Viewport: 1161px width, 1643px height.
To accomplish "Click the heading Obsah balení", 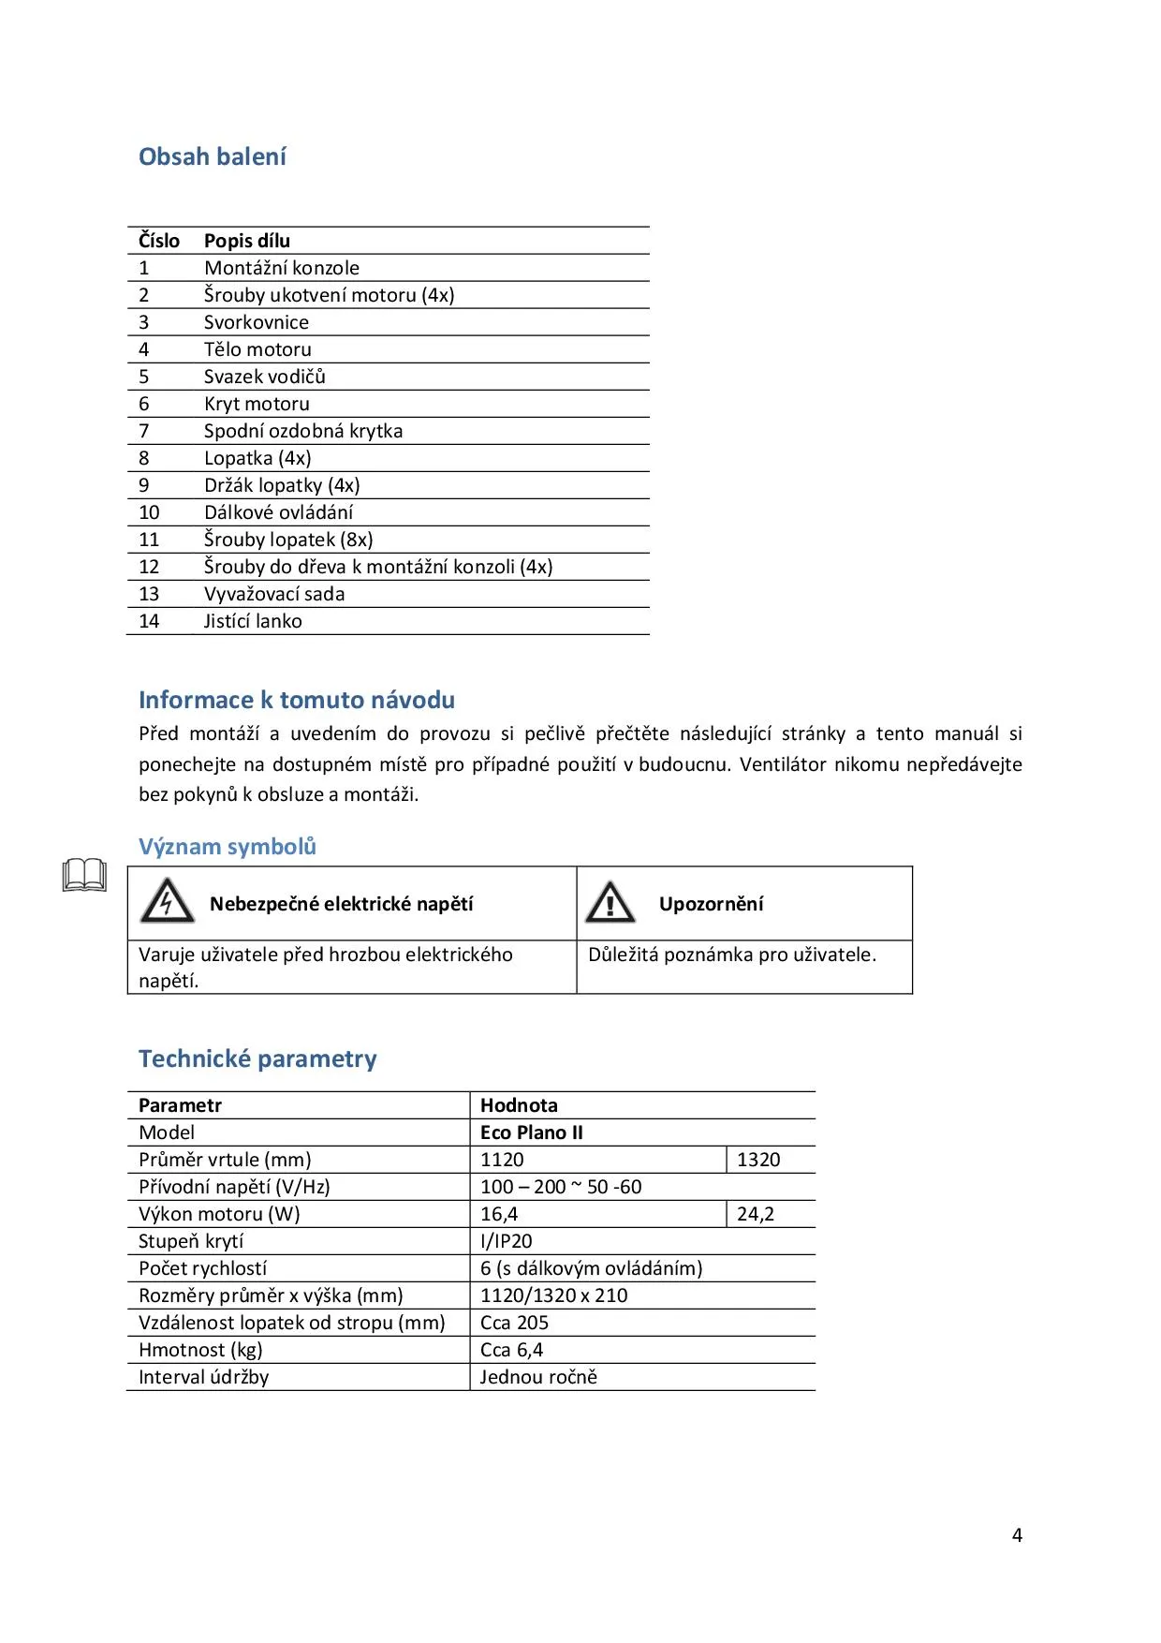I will tap(213, 156).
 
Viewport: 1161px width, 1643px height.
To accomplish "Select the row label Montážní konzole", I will tap(282, 268).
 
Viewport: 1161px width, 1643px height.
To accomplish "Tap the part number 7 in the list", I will tap(144, 431).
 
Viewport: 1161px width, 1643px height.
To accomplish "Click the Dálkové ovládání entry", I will tap(279, 512).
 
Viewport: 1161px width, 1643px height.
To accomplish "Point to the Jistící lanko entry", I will tap(253, 621).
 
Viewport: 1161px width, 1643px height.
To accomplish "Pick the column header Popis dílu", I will tap(247, 241).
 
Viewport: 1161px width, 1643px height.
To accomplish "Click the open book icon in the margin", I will tap(84, 875).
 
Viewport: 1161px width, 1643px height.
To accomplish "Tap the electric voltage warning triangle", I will tap(167, 901).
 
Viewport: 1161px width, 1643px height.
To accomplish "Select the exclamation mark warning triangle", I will tap(610, 902).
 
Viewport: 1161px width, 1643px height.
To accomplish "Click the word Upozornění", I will tap(711, 904).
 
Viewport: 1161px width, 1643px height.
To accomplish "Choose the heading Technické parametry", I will tap(257, 1058).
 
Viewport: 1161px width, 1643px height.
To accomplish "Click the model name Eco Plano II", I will tap(531, 1132).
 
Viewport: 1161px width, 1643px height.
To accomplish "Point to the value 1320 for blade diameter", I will tap(758, 1160).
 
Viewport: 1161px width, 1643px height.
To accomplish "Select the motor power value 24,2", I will tap(756, 1214).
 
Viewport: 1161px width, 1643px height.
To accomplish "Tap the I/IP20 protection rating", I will tap(506, 1241).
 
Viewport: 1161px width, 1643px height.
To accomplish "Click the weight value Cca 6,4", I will tap(511, 1350).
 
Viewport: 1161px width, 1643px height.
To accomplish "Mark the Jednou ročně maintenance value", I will tap(538, 1377).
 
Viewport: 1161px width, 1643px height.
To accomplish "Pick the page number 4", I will tap(1017, 1535).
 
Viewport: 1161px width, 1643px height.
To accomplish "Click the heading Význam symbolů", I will tap(228, 847).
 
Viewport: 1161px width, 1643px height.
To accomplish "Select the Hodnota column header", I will tap(519, 1105).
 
